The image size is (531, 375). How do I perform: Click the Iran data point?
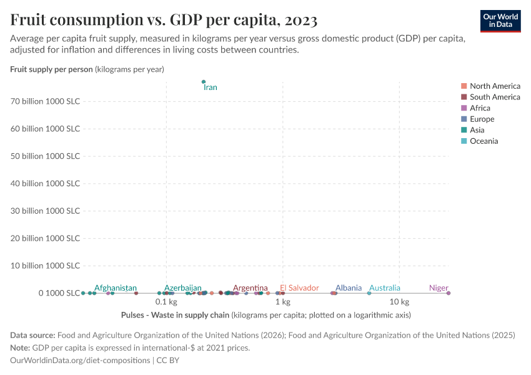coord(204,81)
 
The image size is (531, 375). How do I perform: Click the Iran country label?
coord(211,87)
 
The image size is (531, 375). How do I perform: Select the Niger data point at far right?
coord(448,293)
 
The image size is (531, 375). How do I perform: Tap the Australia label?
coord(384,288)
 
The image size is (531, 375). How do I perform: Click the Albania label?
coord(348,288)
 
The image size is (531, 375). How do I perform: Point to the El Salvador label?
coord(299,288)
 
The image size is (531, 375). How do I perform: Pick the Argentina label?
coord(250,288)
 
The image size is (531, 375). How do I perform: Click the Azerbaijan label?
coord(183,288)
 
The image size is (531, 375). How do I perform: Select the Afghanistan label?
coord(116,288)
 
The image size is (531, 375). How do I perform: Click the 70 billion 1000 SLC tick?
coord(46,101)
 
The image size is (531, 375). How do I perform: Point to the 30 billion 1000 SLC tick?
coord(46,211)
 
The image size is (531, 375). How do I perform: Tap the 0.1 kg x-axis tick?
coord(166,302)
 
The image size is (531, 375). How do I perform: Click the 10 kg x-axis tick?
coord(399,302)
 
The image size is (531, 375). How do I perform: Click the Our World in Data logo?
coord(500,21)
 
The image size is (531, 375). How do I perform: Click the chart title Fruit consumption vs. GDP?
coord(164,20)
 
